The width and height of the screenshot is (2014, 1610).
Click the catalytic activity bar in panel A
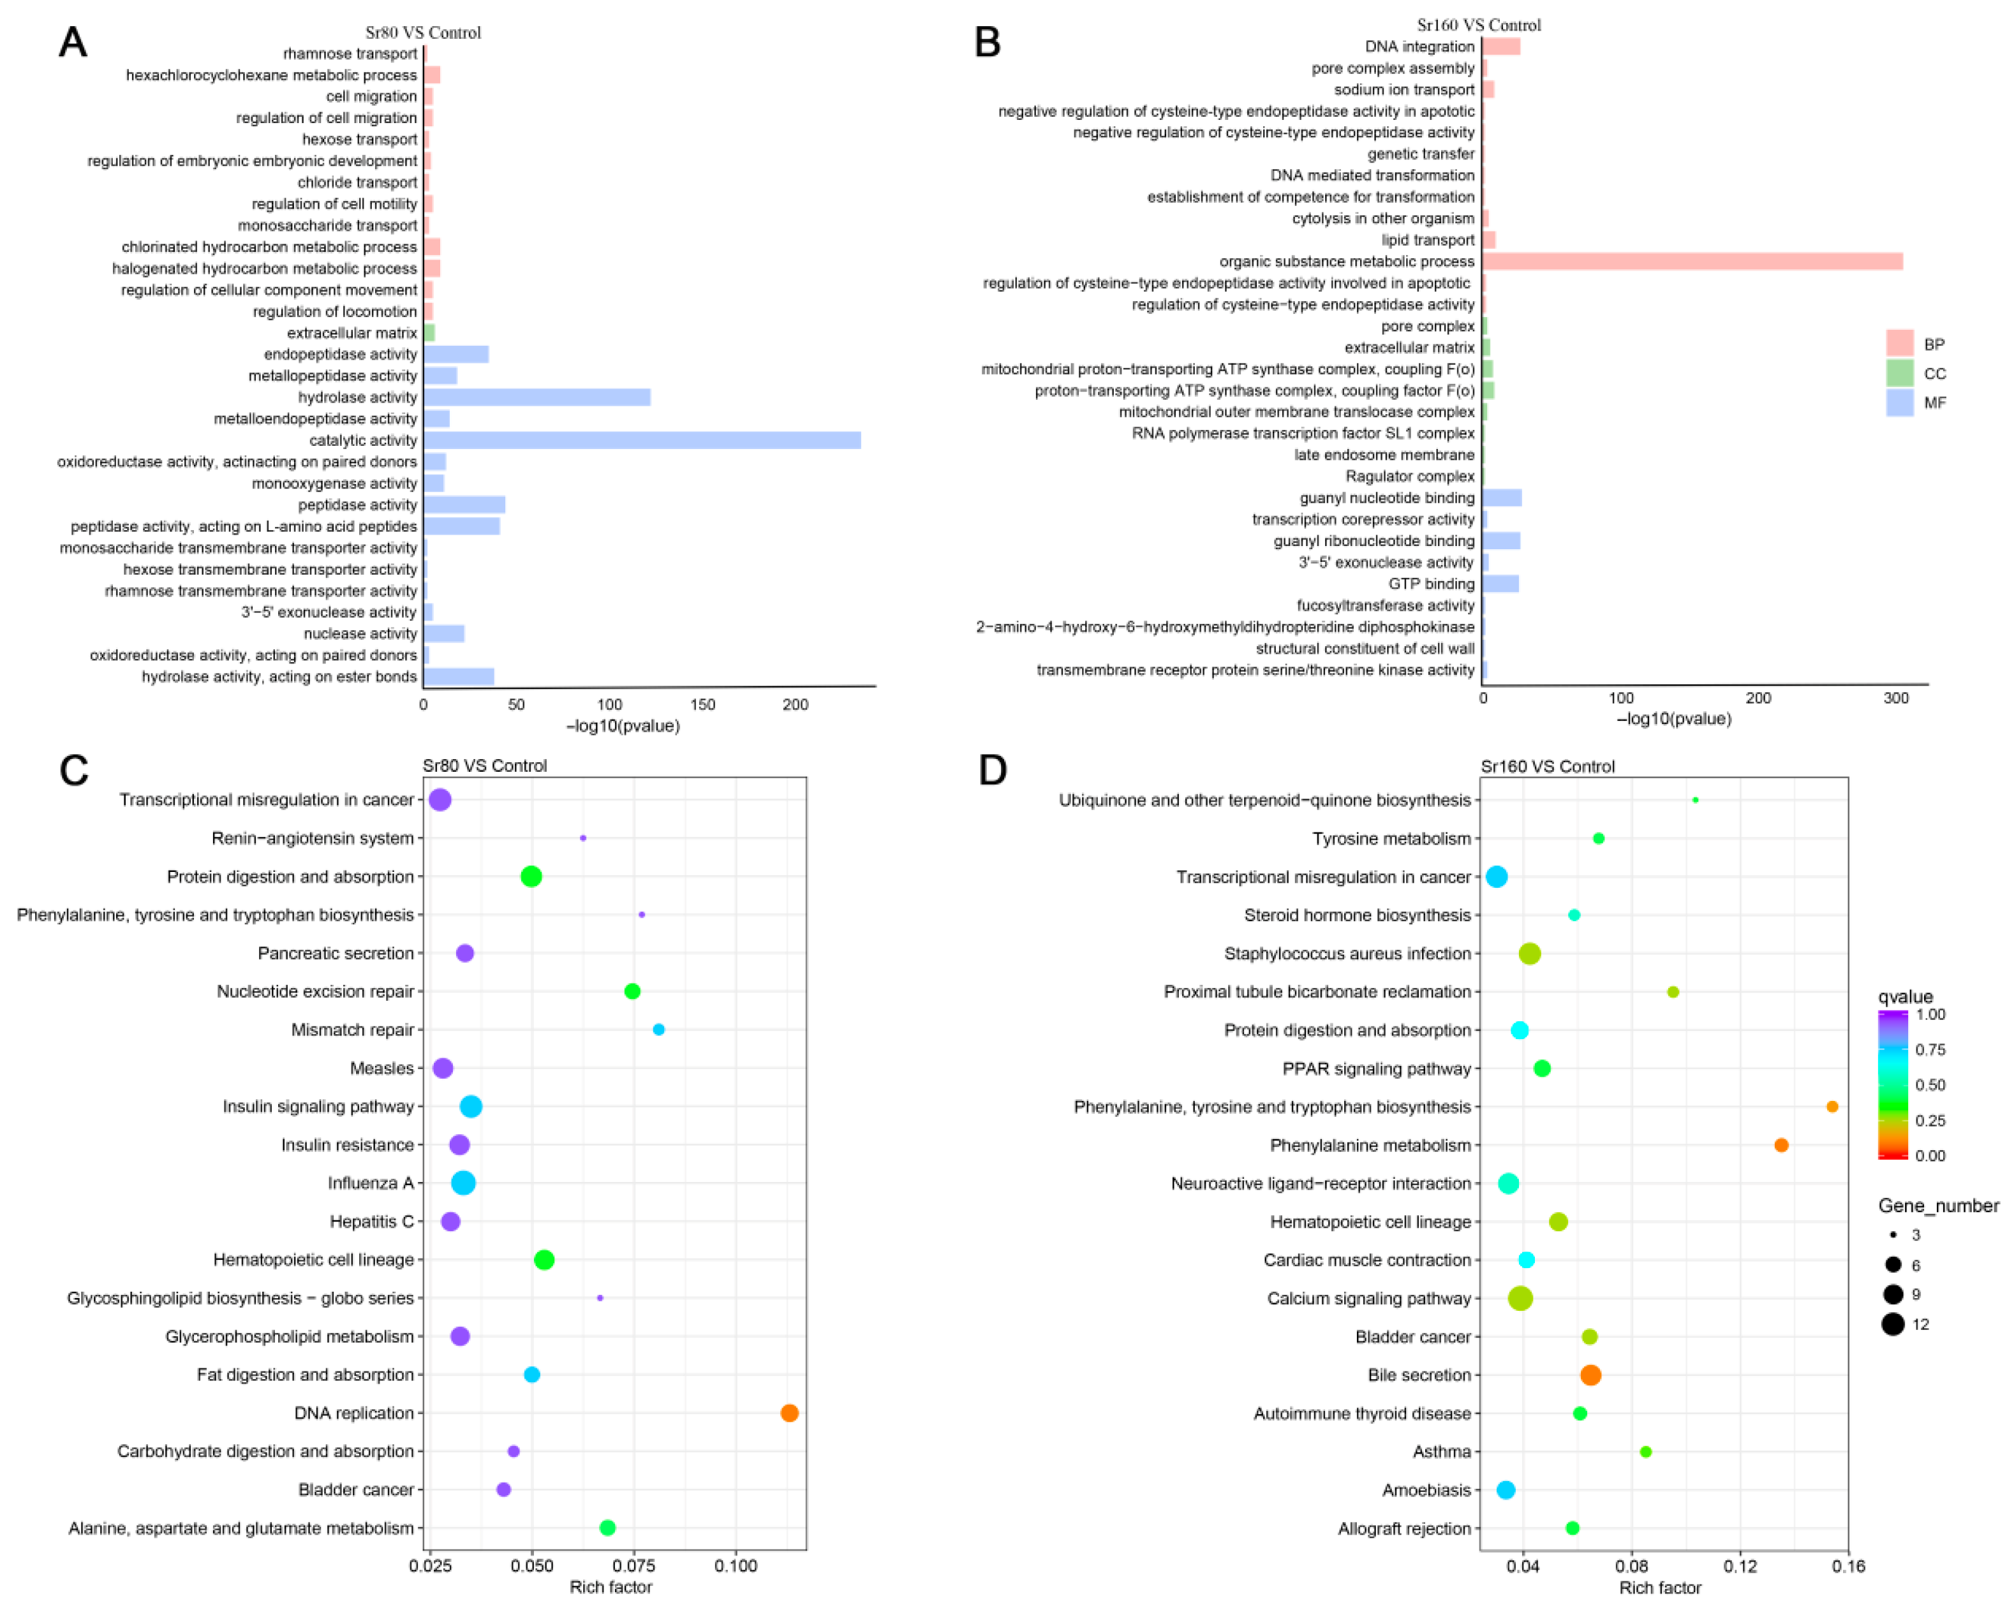pyautogui.click(x=642, y=440)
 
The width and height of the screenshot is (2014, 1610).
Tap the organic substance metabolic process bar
pyautogui.click(x=1692, y=262)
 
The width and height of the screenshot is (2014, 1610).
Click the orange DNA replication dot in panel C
pyautogui.click(x=789, y=1413)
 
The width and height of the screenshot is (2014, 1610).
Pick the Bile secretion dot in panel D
pyautogui.click(x=1591, y=1375)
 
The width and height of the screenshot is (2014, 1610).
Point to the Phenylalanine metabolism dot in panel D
pyautogui.click(x=1781, y=1145)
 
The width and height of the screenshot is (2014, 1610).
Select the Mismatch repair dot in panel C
pyautogui.click(x=658, y=1029)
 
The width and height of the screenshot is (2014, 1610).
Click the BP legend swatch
pyautogui.click(x=1900, y=344)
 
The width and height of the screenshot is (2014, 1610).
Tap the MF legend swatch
pyautogui.click(x=1900, y=402)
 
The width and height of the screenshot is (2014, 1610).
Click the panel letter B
pyautogui.click(x=988, y=43)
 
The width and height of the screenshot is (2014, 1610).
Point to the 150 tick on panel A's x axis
pyautogui.click(x=702, y=705)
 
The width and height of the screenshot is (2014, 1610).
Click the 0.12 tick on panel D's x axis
pyautogui.click(x=1740, y=1566)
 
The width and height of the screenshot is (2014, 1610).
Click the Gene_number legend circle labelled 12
pyautogui.click(x=1893, y=1324)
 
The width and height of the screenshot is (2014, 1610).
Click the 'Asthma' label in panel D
pyautogui.click(x=1441, y=1451)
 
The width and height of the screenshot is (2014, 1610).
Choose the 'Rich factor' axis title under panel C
pyautogui.click(x=611, y=1586)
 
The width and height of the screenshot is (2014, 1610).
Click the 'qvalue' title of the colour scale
pyautogui.click(x=1906, y=996)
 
